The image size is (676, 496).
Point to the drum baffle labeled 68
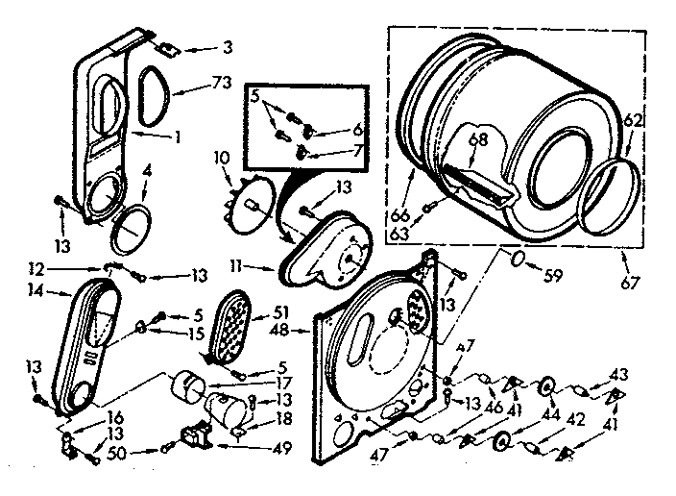point(480,183)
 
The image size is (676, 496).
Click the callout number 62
point(633,122)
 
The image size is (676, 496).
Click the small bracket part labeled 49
point(201,438)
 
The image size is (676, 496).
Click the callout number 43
point(621,374)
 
